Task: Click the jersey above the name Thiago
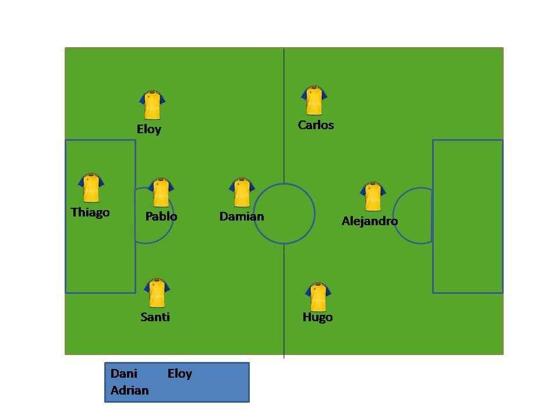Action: tap(91, 187)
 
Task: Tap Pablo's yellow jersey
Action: tap(161, 193)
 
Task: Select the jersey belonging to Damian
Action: tap(242, 193)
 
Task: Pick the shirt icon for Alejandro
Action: tap(373, 197)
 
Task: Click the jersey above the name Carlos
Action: tap(314, 101)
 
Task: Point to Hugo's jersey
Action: tap(318, 297)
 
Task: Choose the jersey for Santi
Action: tap(157, 293)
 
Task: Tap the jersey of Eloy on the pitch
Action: tap(152, 105)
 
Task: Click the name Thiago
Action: tap(90, 212)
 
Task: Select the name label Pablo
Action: tap(161, 216)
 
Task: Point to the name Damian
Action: tap(242, 216)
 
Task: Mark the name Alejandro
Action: tap(370, 221)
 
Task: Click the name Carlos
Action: tap(316, 125)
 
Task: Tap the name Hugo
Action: tap(317, 317)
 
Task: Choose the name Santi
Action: tap(155, 317)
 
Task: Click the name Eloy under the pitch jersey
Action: tap(149, 129)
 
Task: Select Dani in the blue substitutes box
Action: tap(124, 374)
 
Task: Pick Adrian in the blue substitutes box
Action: tap(130, 390)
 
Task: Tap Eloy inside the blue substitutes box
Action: tap(180, 374)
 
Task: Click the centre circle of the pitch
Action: tap(284, 214)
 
